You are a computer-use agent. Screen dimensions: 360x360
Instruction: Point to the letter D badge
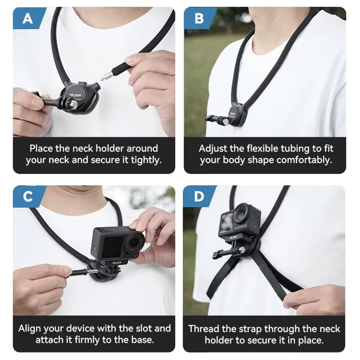click(199, 197)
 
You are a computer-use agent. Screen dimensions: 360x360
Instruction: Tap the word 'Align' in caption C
click(30, 328)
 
